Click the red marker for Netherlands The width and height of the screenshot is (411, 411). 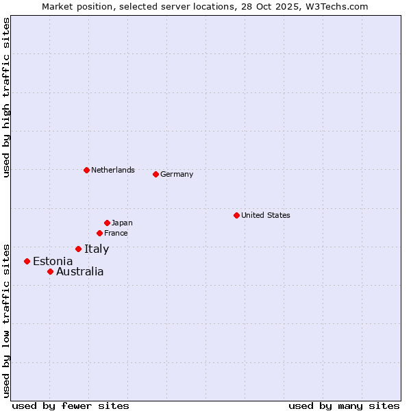click(x=86, y=170)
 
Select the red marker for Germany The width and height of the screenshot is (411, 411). click(x=155, y=174)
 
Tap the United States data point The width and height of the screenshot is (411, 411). click(x=236, y=215)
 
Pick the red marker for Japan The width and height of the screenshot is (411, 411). click(x=107, y=223)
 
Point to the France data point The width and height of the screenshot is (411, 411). click(x=99, y=233)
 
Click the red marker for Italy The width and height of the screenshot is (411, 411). click(x=78, y=249)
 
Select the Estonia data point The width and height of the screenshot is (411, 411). click(x=27, y=261)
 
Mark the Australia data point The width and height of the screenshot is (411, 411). click(x=50, y=271)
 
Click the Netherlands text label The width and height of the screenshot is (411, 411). click(x=113, y=170)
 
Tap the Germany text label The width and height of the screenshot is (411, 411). click(x=177, y=174)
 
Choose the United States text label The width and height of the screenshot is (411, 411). click(x=266, y=215)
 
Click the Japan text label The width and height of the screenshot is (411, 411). click(x=122, y=223)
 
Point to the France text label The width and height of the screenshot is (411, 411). click(x=116, y=233)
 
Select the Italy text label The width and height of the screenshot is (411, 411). click(x=97, y=249)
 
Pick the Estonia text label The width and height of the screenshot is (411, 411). click(x=53, y=261)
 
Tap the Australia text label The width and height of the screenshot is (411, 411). click(x=80, y=271)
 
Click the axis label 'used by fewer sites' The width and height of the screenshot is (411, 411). click(x=71, y=406)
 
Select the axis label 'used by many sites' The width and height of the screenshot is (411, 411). click(x=344, y=406)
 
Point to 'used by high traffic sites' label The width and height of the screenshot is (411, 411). click(x=6, y=98)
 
